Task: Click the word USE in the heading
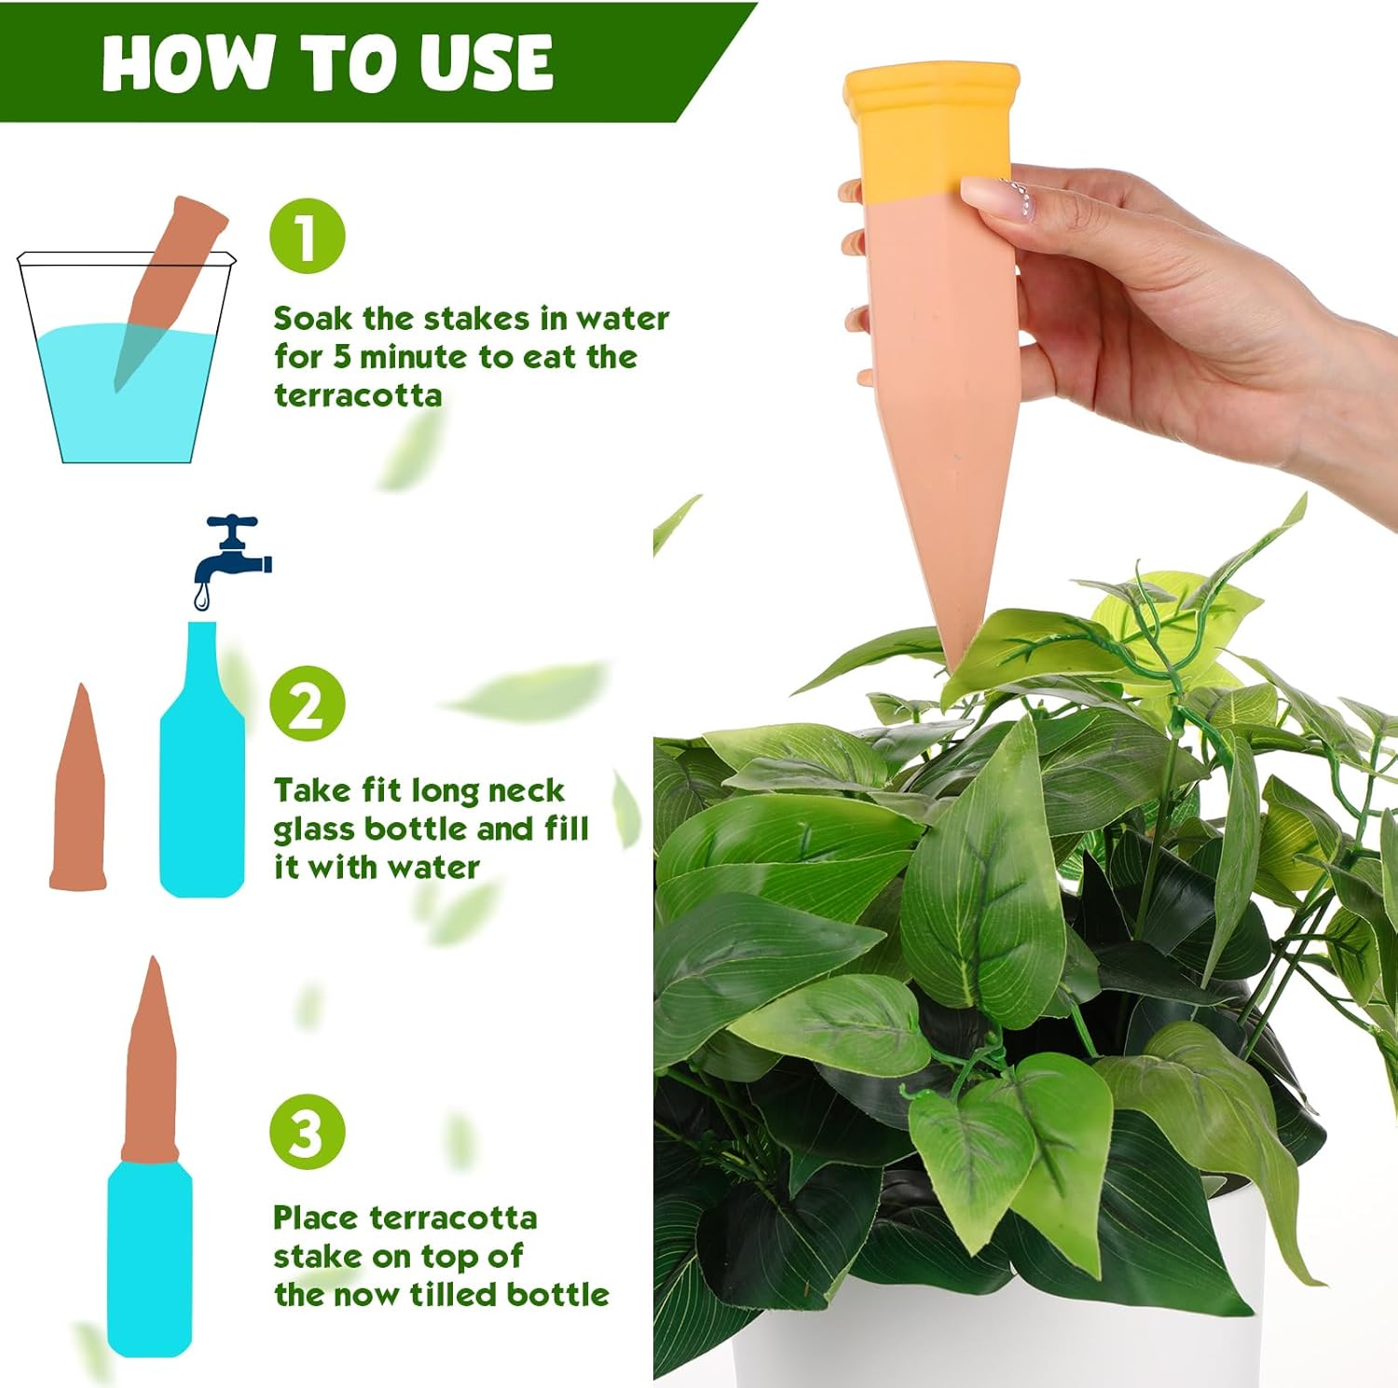485,62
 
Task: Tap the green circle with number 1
308,237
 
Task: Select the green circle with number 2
308,705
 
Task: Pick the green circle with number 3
308,1133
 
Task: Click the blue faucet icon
233,550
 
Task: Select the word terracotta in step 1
358,395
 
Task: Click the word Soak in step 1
312,319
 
